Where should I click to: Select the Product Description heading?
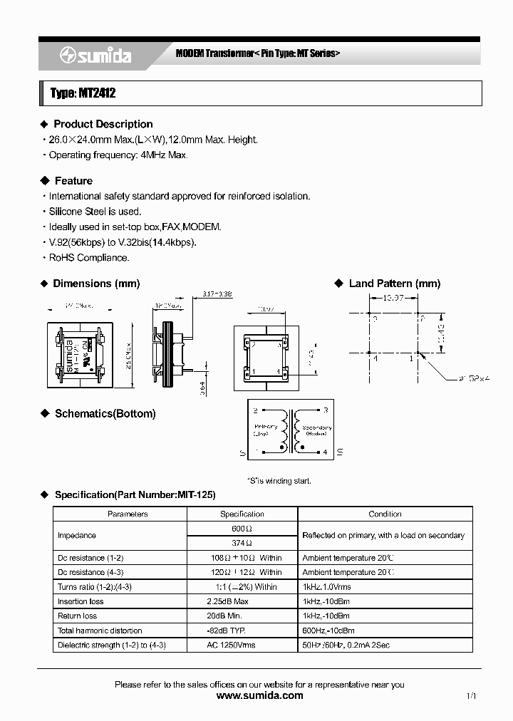[103, 124]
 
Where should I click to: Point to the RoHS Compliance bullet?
[88, 258]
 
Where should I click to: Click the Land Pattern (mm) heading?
[394, 284]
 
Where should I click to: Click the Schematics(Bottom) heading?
[105, 414]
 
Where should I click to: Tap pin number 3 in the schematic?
[325, 410]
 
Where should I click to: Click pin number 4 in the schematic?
[325, 452]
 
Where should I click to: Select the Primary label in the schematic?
[266, 427]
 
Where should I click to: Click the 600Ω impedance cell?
[242, 529]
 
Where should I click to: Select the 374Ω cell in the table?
[242, 543]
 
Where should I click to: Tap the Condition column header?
[385, 514]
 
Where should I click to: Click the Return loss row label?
[78, 616]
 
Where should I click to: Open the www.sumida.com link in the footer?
[259, 695]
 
